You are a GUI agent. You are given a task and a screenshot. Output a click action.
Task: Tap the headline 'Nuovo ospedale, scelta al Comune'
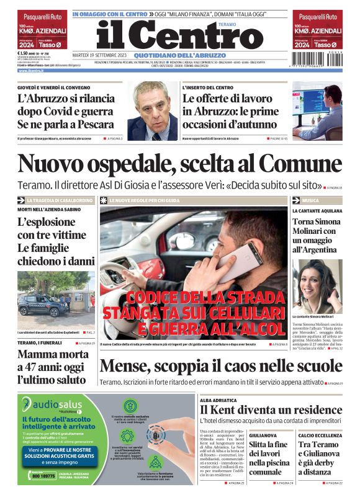(x=180, y=163)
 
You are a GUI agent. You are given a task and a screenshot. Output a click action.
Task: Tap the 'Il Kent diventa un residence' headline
(x=271, y=410)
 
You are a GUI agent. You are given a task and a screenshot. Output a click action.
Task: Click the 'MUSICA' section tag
(x=310, y=200)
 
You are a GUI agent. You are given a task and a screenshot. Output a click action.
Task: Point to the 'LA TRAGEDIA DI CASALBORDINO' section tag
(x=60, y=200)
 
